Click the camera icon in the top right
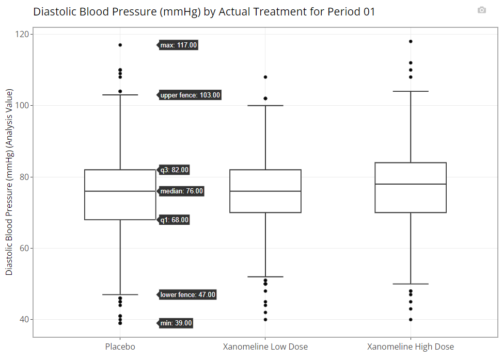[481, 10]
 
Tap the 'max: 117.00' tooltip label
[178, 45]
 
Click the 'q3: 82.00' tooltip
[174, 170]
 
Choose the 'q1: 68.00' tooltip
[174, 220]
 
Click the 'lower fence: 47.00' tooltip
[187, 295]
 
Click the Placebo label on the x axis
[120, 347]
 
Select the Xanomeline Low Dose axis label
[265, 347]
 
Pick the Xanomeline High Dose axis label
[411, 347]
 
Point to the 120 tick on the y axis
[22, 34]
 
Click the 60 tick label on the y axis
[24, 248]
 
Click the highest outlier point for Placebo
[120, 45]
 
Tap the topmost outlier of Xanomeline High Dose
[411, 41]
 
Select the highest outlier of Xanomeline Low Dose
[265, 77]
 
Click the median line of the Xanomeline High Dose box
[411, 184]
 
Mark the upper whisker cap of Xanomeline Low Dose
[265, 105]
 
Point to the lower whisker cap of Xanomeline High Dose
[411, 284]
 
